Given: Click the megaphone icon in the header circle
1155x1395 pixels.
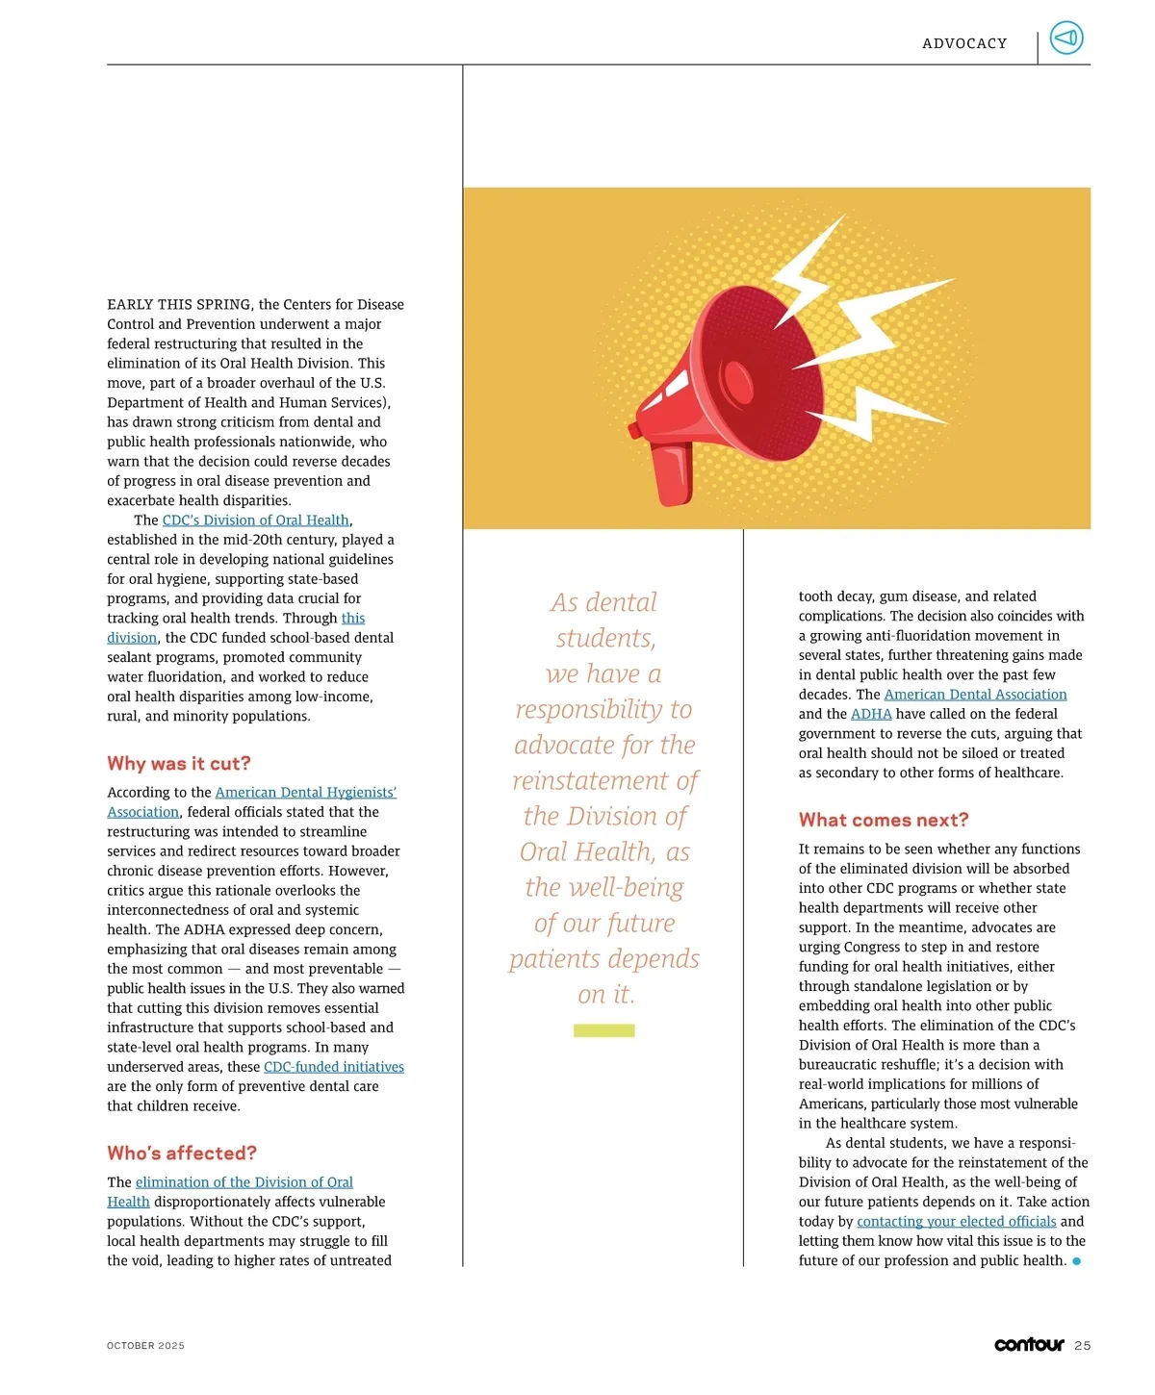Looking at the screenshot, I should tap(1065, 38).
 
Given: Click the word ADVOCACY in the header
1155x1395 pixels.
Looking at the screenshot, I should tap(964, 43).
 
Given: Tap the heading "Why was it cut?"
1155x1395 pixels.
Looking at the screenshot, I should tap(179, 763).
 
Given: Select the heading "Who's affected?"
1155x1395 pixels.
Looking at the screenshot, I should tap(182, 1153).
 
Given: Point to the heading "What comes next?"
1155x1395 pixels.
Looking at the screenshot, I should tap(884, 820).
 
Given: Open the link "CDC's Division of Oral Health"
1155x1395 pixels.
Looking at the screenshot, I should tap(255, 520).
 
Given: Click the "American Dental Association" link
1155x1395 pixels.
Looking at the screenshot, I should tap(975, 694).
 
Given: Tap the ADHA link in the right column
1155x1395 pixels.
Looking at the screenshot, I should tap(871, 714).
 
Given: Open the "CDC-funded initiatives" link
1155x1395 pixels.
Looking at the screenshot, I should tap(334, 1066).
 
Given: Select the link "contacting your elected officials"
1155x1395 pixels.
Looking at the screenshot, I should tap(956, 1221).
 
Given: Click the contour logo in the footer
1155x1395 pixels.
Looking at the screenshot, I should tap(1029, 1344).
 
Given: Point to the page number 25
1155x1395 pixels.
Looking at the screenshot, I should tap(1083, 1345).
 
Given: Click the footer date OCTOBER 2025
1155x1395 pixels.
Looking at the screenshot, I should tap(145, 1345).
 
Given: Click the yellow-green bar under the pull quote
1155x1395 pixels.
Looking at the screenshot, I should tap(604, 1030).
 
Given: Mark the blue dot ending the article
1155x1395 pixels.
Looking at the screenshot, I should tap(1076, 1260).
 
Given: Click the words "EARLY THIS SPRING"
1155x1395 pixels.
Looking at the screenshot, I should tap(179, 304).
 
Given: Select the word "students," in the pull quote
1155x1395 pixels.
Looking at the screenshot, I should tap(605, 638).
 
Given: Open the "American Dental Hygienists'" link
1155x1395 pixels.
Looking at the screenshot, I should tap(305, 792).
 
